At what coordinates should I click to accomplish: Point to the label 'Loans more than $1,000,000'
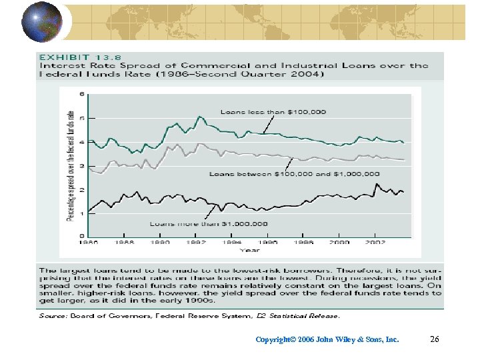pyautogui.click(x=209, y=224)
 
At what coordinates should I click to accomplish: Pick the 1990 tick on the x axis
pyautogui.click(x=161, y=243)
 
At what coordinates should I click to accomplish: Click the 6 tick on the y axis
pyautogui.click(x=82, y=94)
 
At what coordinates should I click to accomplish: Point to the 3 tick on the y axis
pyautogui.click(x=82, y=165)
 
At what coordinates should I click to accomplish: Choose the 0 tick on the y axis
pyautogui.click(x=82, y=236)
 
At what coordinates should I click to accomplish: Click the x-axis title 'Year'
pyautogui.click(x=250, y=251)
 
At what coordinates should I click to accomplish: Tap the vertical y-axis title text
pyautogui.click(x=69, y=165)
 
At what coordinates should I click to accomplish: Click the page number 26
pyautogui.click(x=435, y=339)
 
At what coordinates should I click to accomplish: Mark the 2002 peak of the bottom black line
pyautogui.click(x=377, y=184)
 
